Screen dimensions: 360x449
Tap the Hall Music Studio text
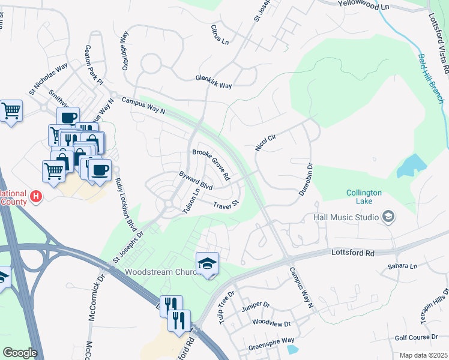(345, 217)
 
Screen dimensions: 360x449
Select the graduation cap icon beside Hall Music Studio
(388, 217)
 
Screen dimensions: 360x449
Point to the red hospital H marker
(37, 196)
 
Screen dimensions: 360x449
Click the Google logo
(20, 353)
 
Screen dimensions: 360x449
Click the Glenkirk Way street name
(214, 82)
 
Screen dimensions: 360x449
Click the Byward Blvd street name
(196, 181)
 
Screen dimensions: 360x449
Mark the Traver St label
(226, 205)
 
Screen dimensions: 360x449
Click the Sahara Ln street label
(402, 266)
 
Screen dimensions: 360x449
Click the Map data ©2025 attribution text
(423, 355)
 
